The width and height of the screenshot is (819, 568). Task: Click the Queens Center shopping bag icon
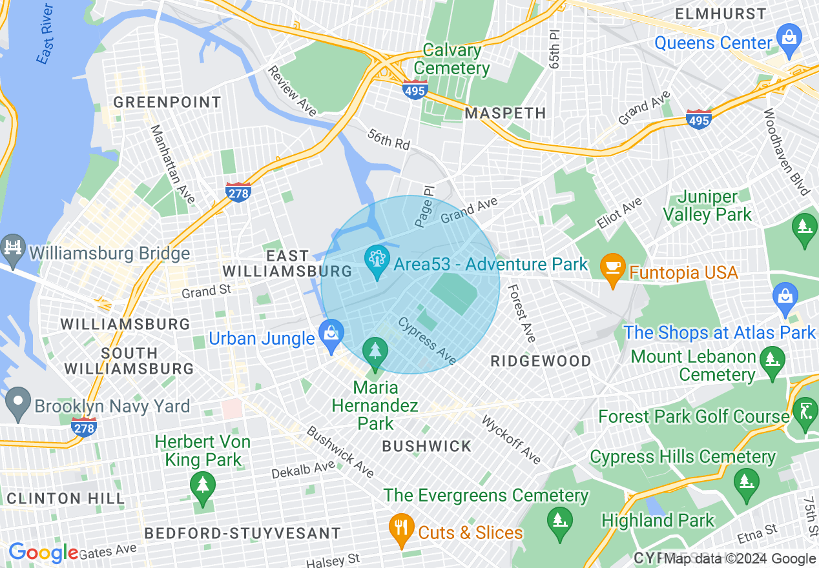pos(789,37)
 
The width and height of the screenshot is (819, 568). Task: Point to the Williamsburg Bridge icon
pos(12,249)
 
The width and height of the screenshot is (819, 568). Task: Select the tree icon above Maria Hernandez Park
pos(375,352)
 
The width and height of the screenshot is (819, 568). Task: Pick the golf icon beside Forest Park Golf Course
pos(805,410)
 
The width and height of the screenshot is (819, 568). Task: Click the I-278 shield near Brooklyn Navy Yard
pos(85,427)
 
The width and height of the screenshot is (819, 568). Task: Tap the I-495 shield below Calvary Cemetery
pos(414,89)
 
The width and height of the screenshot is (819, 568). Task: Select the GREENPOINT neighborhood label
pos(167,103)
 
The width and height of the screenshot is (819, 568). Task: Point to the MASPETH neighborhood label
pos(506,113)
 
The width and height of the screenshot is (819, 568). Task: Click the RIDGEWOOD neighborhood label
pos(541,361)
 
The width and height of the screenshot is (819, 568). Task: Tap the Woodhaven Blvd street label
pos(785,152)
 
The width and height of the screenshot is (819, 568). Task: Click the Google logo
pos(43,553)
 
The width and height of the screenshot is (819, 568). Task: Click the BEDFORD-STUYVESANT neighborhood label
pos(242,533)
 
